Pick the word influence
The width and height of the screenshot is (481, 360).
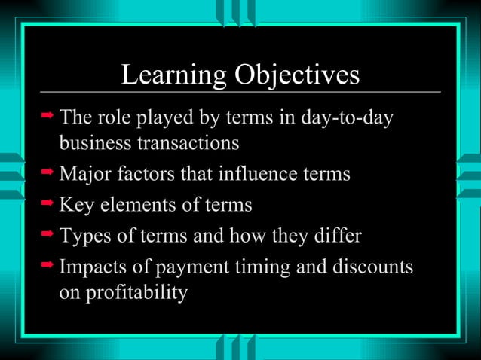(x=244, y=175)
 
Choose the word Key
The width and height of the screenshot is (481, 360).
(x=75, y=205)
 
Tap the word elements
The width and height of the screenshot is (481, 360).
(x=137, y=205)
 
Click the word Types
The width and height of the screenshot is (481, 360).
(x=85, y=236)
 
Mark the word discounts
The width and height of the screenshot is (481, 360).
(x=369, y=268)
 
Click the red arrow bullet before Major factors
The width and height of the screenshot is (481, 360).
(x=47, y=174)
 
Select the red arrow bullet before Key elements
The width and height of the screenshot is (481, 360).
(x=47, y=204)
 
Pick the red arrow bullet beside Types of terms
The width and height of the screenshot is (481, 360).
(x=47, y=236)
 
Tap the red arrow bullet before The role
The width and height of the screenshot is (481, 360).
(x=47, y=117)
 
